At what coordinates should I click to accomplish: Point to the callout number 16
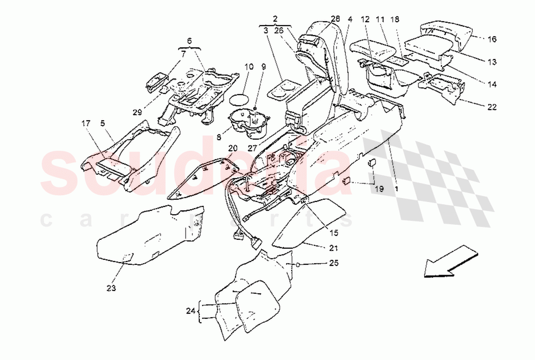pyautogui.click(x=492, y=39)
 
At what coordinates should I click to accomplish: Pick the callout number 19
pyautogui.click(x=379, y=189)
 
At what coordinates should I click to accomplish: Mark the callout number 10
pyautogui.click(x=248, y=67)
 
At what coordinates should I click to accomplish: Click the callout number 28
pyautogui.click(x=335, y=18)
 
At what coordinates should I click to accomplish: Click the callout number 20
pyautogui.click(x=233, y=148)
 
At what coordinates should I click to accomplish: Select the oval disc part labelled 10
pyautogui.click(x=239, y=98)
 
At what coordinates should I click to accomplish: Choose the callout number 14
pyautogui.click(x=492, y=84)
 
